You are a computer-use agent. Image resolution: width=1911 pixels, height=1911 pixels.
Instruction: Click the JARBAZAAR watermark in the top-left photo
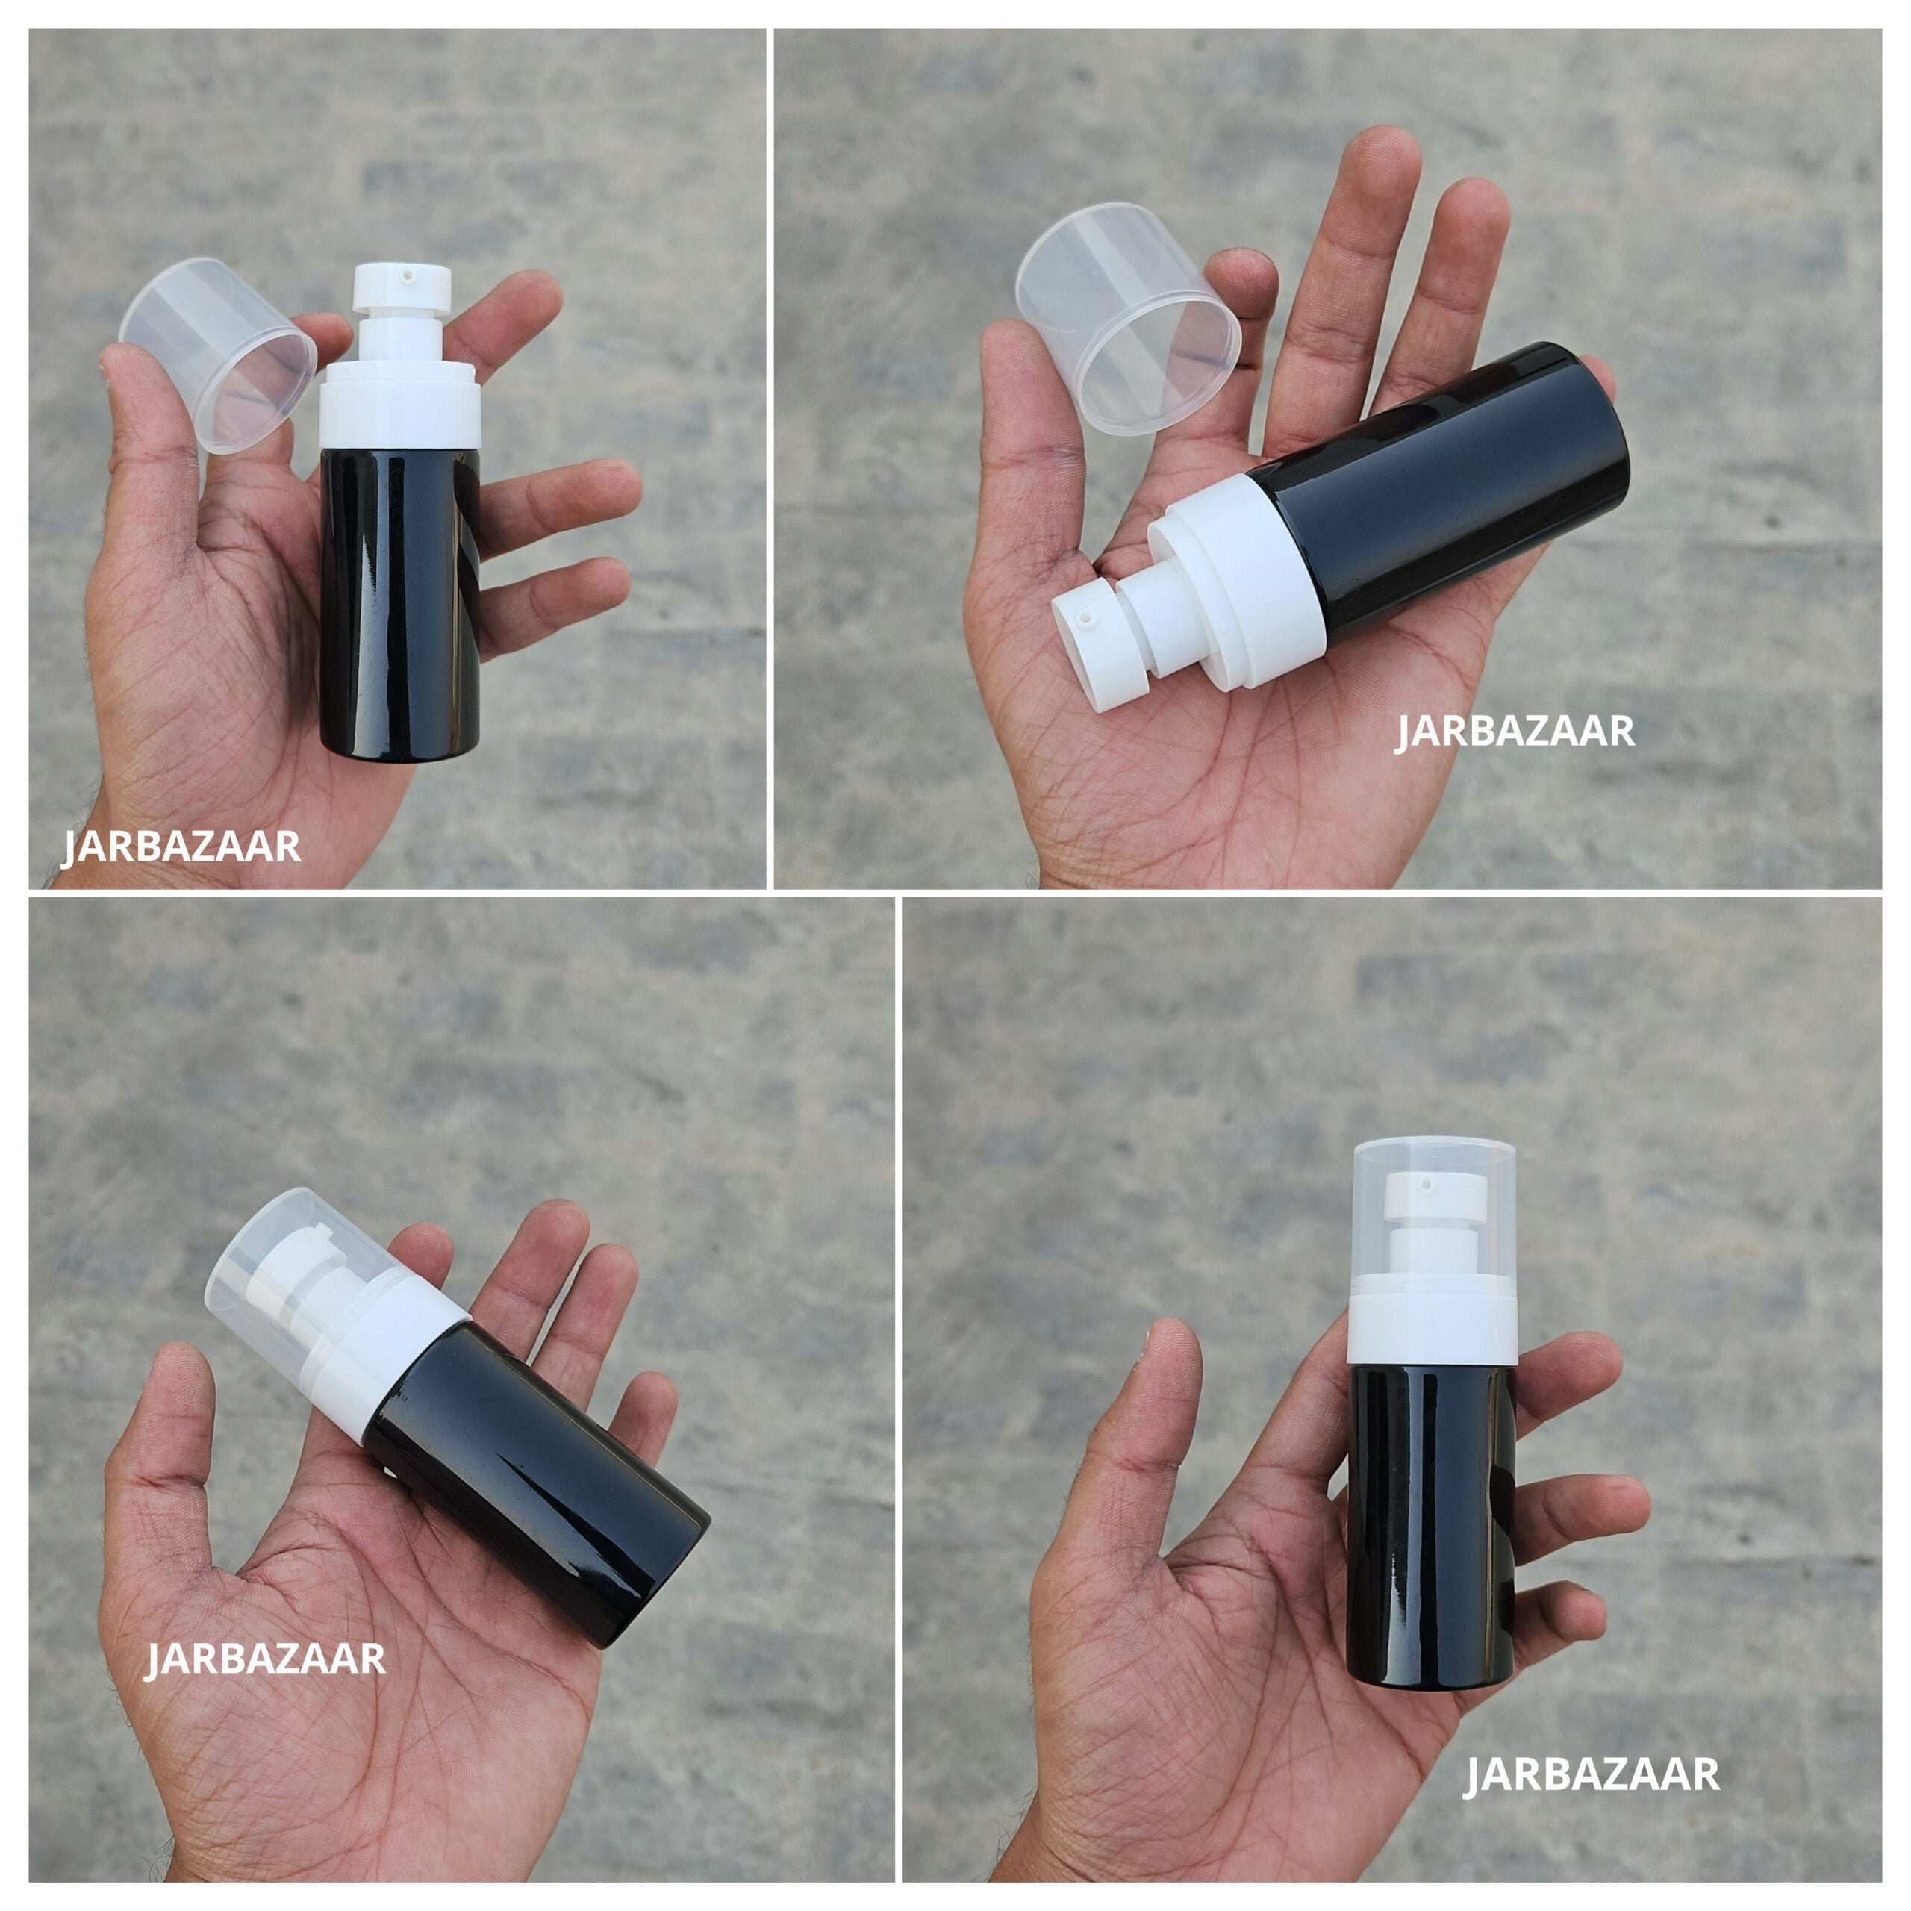181,847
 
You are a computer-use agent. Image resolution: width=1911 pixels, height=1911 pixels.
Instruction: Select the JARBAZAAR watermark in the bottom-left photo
265,1658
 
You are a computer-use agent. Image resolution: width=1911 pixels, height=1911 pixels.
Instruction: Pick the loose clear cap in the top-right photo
1128,317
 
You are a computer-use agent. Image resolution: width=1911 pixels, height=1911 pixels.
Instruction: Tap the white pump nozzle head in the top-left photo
402,286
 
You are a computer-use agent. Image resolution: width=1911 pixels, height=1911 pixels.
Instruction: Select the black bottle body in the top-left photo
399,603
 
